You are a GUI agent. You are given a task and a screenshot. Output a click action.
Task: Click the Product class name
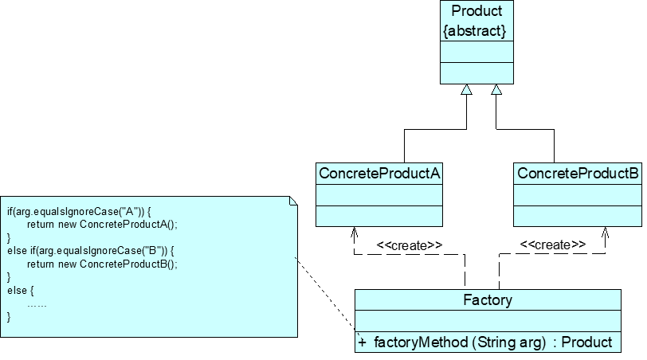(x=476, y=11)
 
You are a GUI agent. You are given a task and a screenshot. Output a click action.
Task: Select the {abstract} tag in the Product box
(x=476, y=30)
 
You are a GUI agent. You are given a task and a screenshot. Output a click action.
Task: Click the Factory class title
(x=488, y=300)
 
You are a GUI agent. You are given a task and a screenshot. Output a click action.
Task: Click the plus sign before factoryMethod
(x=363, y=342)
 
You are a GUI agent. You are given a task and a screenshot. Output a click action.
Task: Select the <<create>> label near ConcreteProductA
(x=409, y=245)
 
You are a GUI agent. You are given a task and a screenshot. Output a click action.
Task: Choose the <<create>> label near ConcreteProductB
(x=553, y=245)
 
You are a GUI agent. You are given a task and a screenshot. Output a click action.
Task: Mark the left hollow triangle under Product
(x=467, y=90)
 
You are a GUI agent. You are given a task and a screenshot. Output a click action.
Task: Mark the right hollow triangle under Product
(x=496, y=90)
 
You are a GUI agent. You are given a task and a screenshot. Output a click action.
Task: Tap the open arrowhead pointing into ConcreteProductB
(x=606, y=233)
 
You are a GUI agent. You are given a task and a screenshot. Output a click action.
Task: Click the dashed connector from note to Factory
(x=325, y=295)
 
